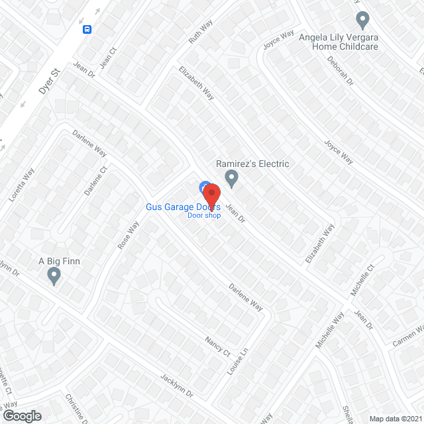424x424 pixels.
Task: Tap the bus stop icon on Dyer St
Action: pos(87,29)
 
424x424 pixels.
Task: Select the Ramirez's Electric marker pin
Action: pos(231,178)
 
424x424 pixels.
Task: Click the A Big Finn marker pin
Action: pos(54,276)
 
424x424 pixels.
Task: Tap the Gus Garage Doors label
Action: pos(183,207)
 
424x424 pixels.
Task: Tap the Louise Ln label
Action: pos(237,362)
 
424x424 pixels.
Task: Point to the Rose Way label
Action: pos(128,235)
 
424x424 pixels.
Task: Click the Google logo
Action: pos(21,415)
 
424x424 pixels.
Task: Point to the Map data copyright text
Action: pos(396,419)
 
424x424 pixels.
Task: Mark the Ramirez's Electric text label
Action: pos(252,164)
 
